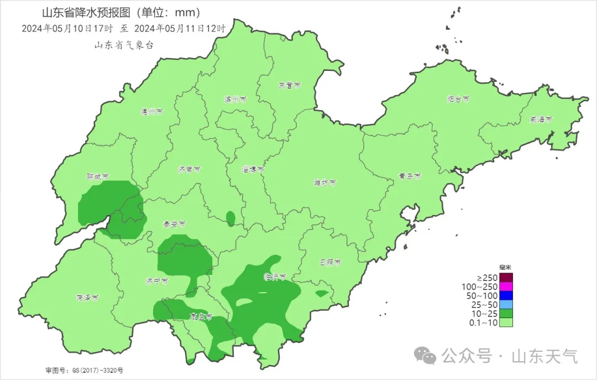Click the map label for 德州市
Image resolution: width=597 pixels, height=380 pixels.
151,112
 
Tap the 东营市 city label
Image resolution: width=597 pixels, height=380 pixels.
289,86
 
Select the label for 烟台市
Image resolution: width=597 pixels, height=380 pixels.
458,100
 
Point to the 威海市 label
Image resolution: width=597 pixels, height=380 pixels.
541,119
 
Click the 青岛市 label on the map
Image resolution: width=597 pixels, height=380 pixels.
410,177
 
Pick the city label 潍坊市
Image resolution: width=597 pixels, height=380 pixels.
324,183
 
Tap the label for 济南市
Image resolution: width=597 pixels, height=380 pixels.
190,169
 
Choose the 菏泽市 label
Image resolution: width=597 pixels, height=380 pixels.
87,298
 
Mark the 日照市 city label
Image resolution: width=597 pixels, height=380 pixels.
330,262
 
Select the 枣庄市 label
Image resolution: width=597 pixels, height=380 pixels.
201,317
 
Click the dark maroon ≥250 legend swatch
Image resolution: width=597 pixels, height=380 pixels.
506,277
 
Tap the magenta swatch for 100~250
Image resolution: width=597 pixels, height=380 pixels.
506,287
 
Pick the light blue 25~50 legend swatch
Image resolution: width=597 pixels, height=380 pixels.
506,305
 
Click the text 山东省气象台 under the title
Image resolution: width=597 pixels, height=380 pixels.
124,45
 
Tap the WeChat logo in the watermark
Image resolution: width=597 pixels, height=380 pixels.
426,356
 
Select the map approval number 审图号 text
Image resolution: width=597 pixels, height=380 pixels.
84,370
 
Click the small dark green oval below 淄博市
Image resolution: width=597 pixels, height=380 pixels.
231,218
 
